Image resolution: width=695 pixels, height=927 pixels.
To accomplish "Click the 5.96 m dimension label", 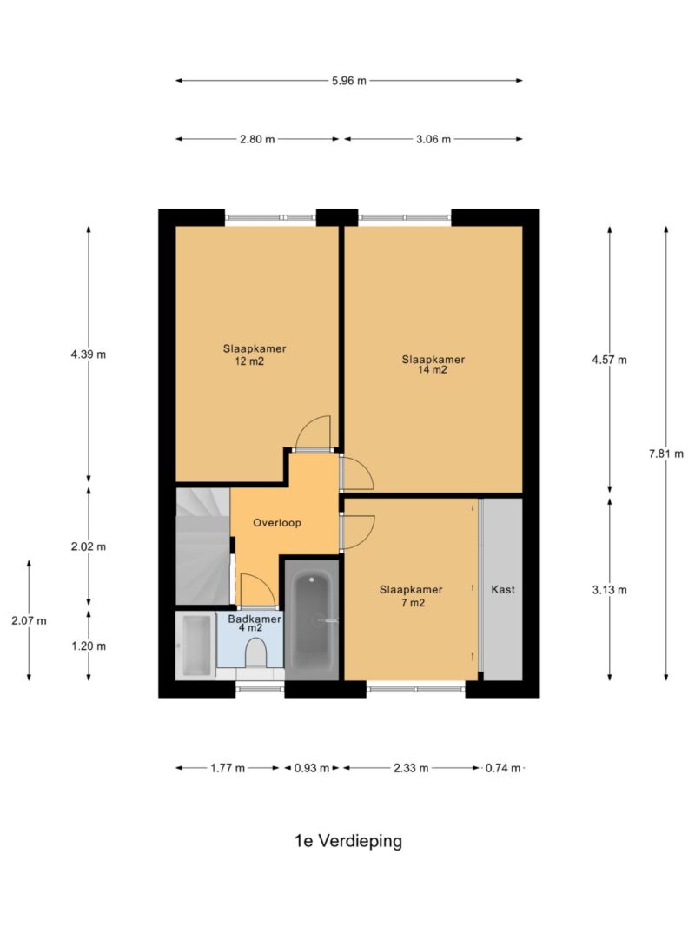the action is (x=348, y=81).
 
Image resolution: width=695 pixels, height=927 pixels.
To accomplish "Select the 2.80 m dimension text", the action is (x=257, y=140).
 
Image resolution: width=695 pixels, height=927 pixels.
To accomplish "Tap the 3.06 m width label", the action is (x=434, y=140).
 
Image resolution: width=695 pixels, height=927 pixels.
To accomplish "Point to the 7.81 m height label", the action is (x=666, y=454).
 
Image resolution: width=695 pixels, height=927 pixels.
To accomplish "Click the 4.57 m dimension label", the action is (x=609, y=360).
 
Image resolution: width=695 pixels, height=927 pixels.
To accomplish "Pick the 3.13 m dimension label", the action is (x=609, y=590).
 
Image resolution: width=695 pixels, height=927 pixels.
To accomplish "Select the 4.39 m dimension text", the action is (x=89, y=354).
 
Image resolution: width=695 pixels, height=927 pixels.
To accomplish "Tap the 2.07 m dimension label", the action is (x=29, y=621).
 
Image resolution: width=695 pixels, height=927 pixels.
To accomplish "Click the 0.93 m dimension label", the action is (x=312, y=769).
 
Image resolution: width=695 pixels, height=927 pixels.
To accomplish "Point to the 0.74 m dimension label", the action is (x=503, y=769).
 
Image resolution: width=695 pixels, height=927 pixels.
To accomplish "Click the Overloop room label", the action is (x=277, y=523).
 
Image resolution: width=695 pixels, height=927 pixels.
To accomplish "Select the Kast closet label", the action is (x=503, y=589).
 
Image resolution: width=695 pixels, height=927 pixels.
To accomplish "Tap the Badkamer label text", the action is (x=255, y=619).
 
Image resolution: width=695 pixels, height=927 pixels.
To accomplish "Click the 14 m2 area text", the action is (x=433, y=370).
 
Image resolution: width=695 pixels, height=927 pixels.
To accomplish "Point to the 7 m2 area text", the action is (x=413, y=603).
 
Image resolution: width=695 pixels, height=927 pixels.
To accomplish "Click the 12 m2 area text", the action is (x=249, y=361).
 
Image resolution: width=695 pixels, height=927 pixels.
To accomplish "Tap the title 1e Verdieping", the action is (x=348, y=841).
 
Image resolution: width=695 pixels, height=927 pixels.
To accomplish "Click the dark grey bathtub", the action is (x=312, y=620).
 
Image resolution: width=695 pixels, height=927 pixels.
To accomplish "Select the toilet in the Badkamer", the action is (x=255, y=652).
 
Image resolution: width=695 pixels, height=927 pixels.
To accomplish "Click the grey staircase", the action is (x=202, y=546).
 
